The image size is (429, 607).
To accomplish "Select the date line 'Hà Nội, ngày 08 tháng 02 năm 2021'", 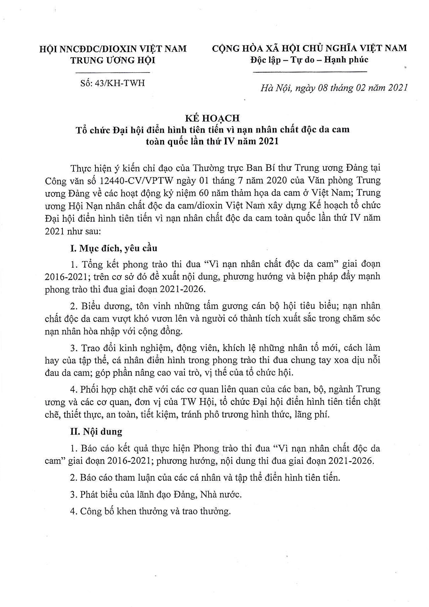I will point(334,88).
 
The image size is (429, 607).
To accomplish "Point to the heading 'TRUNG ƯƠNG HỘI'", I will point(113,60).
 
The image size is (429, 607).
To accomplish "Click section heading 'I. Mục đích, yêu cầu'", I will point(113,248).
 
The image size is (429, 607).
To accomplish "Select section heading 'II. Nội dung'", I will point(96,432).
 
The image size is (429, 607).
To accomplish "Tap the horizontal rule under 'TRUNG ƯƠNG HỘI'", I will point(113,72).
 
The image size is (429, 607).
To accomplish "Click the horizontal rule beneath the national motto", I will point(311,72).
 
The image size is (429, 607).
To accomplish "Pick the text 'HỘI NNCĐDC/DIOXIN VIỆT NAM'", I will point(113,48).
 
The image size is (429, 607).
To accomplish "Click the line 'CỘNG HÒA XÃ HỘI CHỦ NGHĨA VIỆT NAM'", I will point(309,48).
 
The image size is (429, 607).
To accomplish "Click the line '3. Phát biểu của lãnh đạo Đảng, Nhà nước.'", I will point(155,494).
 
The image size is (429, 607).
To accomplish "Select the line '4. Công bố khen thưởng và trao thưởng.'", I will point(150,511).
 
